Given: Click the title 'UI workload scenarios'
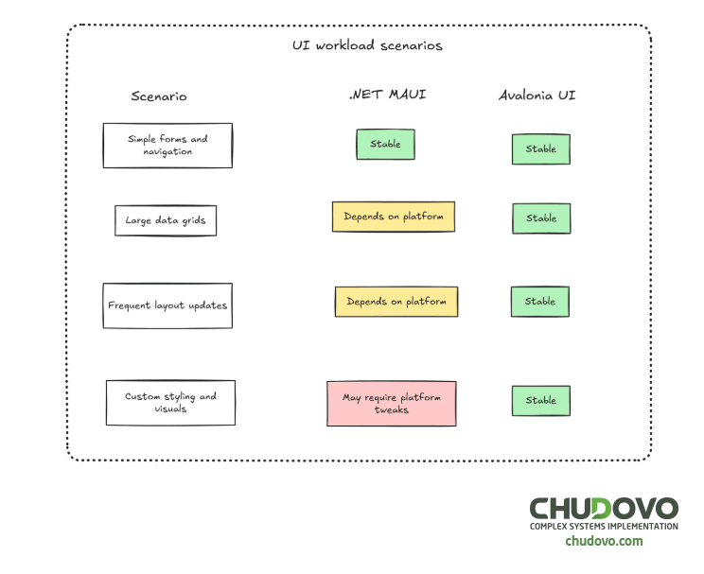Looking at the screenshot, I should pyautogui.click(x=367, y=45).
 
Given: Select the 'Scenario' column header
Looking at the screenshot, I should pyautogui.click(x=159, y=96).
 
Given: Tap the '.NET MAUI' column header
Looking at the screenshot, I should pyautogui.click(x=387, y=95).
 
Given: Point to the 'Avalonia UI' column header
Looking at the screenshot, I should pyautogui.click(x=537, y=96).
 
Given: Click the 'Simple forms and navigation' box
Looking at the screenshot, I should pyautogui.click(x=167, y=146).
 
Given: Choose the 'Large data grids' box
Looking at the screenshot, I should pyautogui.click(x=166, y=221).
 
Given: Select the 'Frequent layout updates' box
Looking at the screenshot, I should pyautogui.click(x=167, y=305).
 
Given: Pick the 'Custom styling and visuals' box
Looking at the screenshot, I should pyautogui.click(x=170, y=403).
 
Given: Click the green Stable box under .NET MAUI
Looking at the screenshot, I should pyautogui.click(x=385, y=145).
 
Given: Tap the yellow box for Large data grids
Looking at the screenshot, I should pyautogui.click(x=393, y=217).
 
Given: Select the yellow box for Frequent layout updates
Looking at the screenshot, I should pyautogui.click(x=396, y=302).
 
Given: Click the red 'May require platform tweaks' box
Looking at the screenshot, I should pyautogui.click(x=392, y=404).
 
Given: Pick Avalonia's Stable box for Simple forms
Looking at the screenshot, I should pyautogui.click(x=541, y=149).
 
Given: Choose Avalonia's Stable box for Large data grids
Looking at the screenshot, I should pyautogui.click(x=541, y=218).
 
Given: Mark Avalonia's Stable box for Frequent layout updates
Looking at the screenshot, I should pyautogui.click(x=540, y=302).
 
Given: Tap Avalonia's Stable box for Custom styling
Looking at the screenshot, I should pyautogui.click(x=541, y=401).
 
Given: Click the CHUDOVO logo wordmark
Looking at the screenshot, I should pyautogui.click(x=603, y=508).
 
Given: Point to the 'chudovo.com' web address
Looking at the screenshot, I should pyautogui.click(x=604, y=542).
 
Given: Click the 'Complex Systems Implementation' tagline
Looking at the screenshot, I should pyautogui.click(x=604, y=527).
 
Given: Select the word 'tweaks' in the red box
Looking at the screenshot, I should pyautogui.click(x=392, y=410).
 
